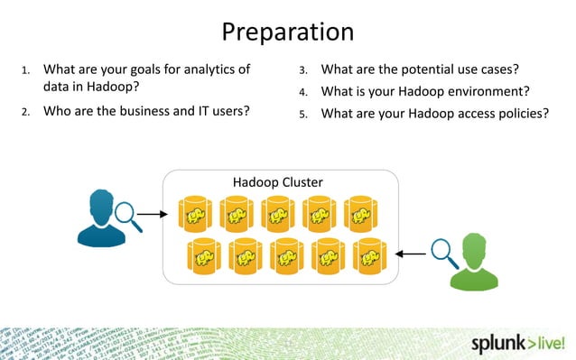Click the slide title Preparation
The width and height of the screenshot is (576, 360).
pos(287,32)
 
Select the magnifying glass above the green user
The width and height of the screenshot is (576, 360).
pos(443,251)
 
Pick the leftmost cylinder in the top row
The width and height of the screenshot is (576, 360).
pos(194,214)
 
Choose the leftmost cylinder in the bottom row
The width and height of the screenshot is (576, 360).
pos(203,256)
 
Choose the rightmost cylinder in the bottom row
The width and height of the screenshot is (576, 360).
pos(369,256)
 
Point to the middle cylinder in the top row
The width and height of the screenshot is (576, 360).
pos(277,214)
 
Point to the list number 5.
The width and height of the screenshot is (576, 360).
pos(303,115)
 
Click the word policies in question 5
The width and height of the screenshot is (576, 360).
pos(518,114)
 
